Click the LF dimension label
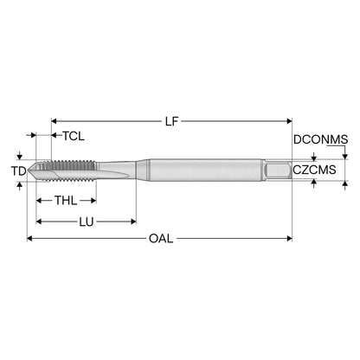(x=171, y=121)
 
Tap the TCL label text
(x=74, y=136)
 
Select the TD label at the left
(x=19, y=171)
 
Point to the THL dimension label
(x=66, y=200)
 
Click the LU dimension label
(x=87, y=222)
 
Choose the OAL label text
(x=161, y=239)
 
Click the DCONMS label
(x=320, y=139)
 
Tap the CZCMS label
(x=314, y=170)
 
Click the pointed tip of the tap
(x=28, y=170)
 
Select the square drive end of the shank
(x=277, y=170)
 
